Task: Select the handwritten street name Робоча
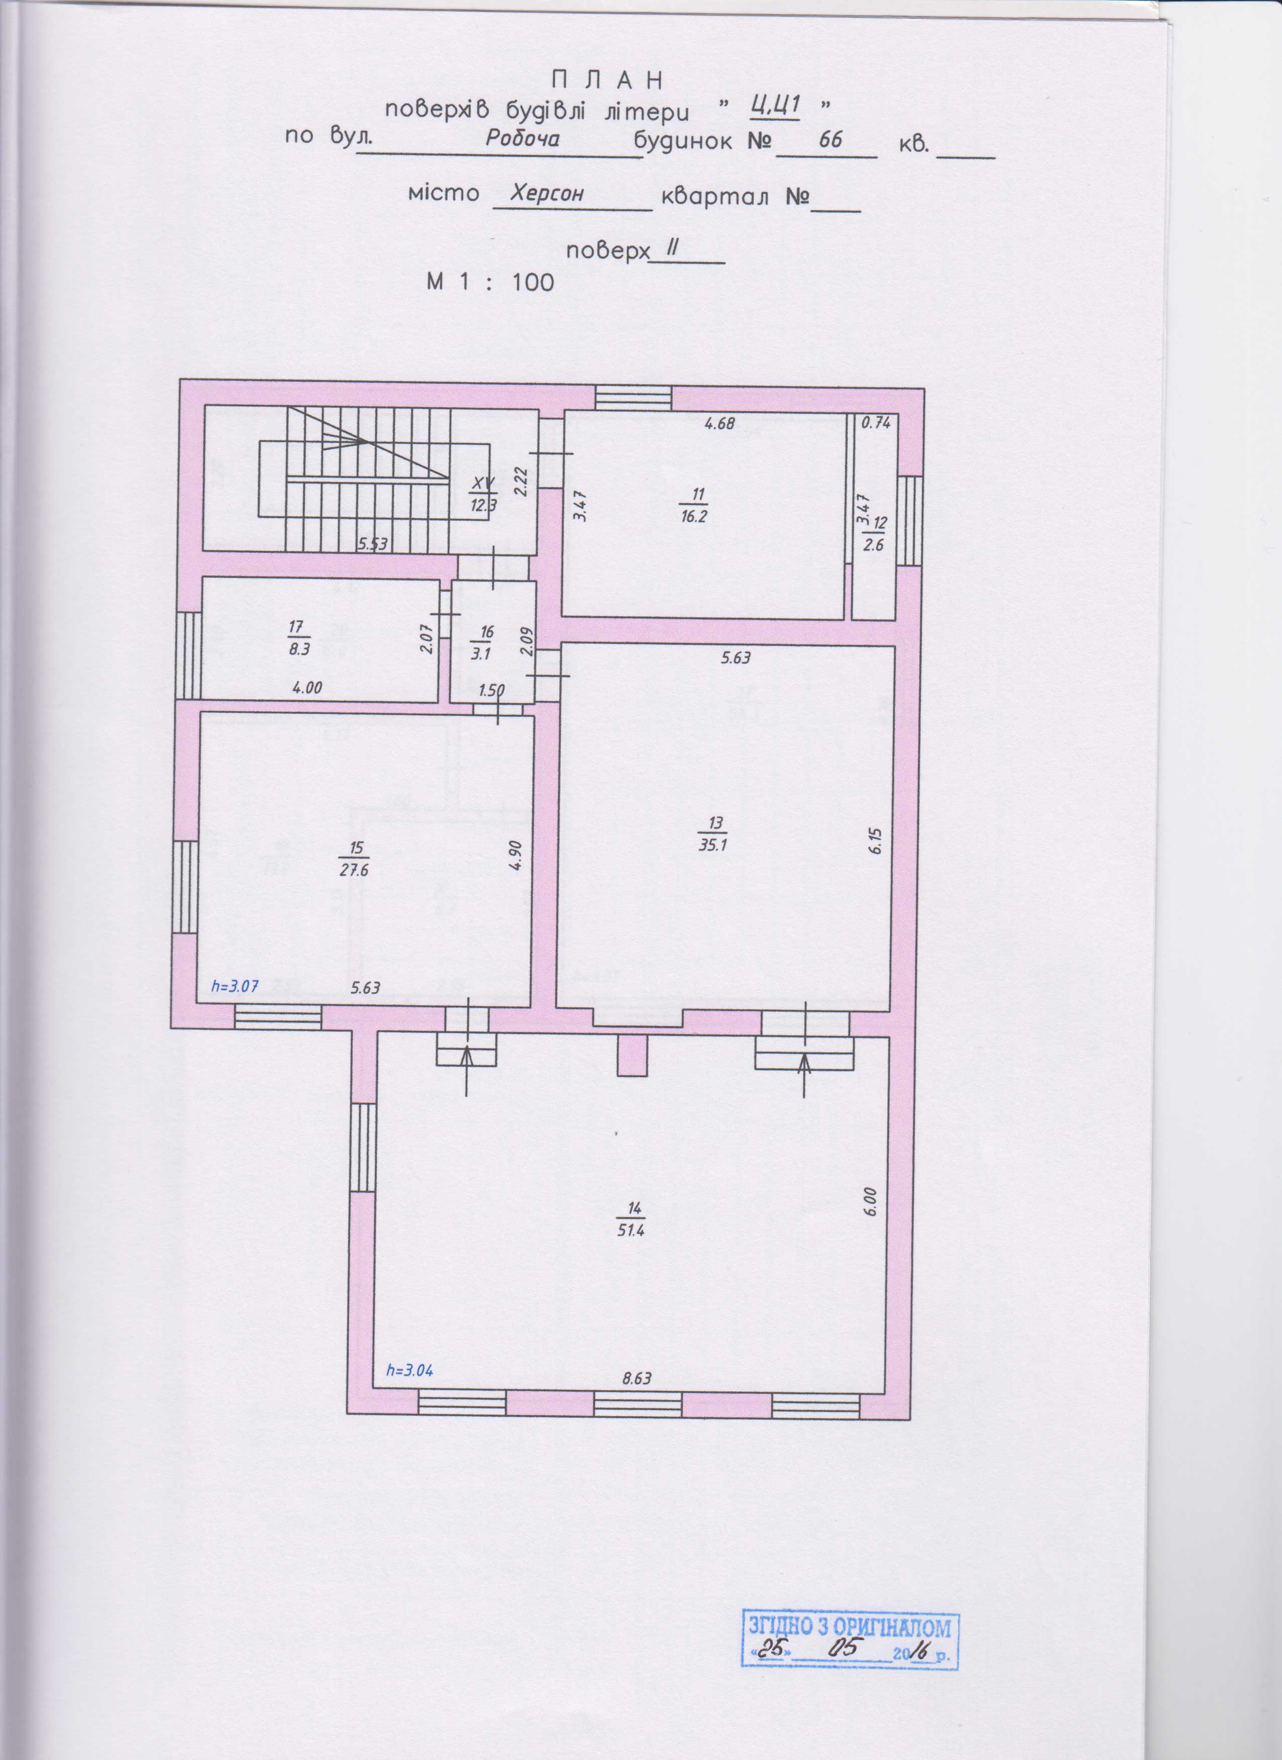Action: (522, 138)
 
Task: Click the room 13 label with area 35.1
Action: (711, 833)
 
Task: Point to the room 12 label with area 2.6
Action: (874, 533)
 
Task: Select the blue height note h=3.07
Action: (234, 985)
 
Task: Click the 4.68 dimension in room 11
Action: (718, 423)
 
